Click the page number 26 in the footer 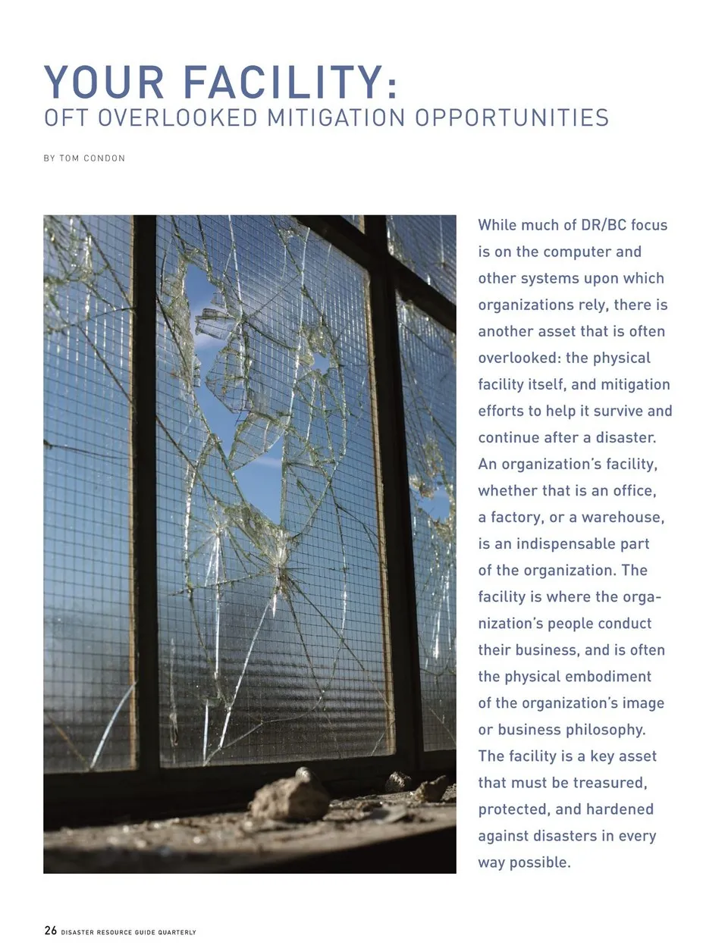click(50, 931)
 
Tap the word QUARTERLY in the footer click(177, 932)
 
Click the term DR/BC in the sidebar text click(604, 225)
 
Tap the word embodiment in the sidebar click(613, 677)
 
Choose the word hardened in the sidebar click(618, 809)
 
